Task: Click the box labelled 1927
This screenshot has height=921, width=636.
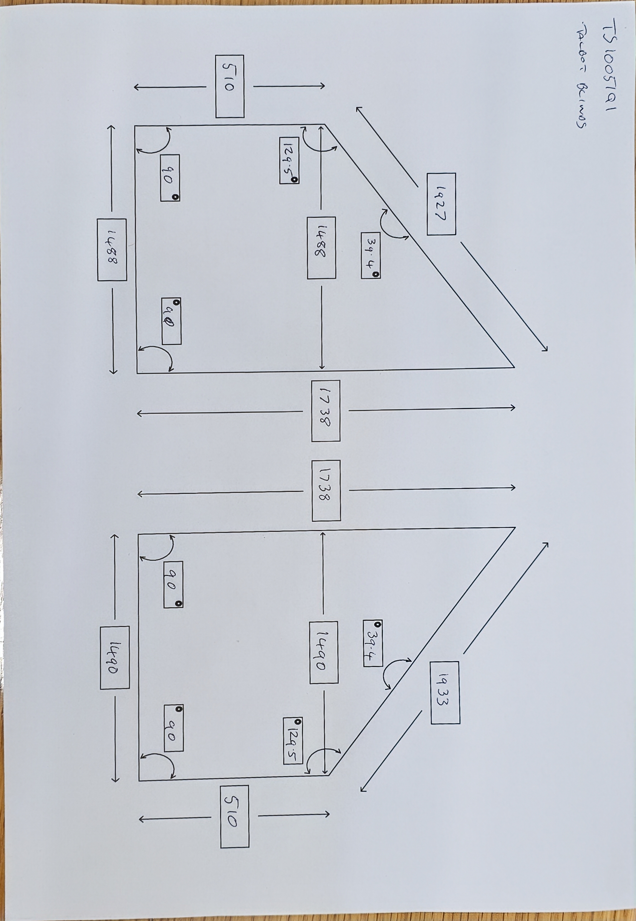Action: point(441,204)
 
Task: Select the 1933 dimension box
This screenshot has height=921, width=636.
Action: point(445,692)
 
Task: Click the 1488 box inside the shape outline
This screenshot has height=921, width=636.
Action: point(321,248)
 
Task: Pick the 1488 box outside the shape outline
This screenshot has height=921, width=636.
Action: point(112,250)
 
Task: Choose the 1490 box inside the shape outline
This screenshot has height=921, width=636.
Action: point(324,652)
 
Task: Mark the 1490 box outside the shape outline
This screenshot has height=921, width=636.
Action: point(115,657)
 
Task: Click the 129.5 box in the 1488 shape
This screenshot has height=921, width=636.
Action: point(289,160)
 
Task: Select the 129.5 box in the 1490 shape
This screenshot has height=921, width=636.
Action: point(293,741)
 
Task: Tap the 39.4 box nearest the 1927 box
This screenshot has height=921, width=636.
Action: point(370,255)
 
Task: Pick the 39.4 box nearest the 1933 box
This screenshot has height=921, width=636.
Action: point(373,643)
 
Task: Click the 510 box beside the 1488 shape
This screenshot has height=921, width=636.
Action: point(230,86)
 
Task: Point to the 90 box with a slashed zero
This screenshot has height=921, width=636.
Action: point(171,321)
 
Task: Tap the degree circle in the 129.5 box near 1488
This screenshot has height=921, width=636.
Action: point(295,180)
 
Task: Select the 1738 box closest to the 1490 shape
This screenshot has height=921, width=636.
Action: point(326,490)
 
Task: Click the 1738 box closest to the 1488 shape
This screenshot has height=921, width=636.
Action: point(325,411)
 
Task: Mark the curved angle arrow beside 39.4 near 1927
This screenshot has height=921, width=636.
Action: point(390,225)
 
